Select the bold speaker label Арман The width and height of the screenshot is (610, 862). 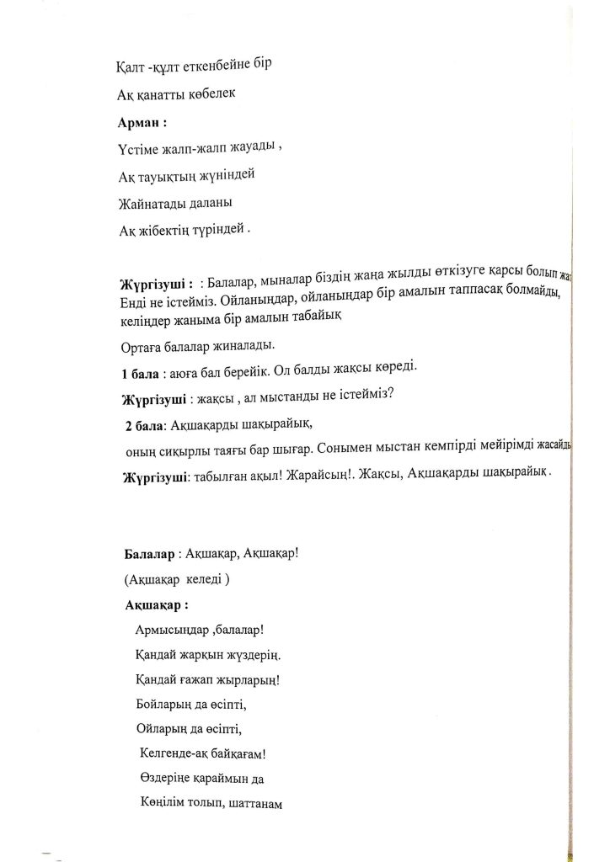click(139, 120)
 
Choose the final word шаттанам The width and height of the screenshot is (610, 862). click(252, 803)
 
